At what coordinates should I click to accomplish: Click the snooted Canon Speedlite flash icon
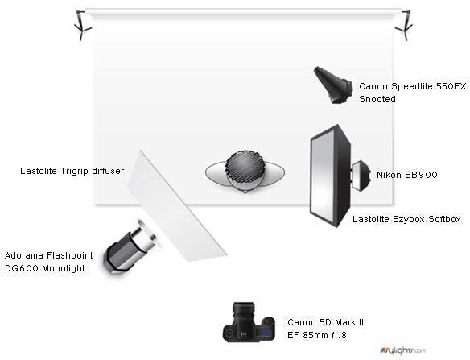333,85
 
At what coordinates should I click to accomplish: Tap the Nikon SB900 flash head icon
361,176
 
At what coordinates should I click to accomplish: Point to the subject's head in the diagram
245,169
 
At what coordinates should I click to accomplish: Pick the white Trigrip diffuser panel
177,207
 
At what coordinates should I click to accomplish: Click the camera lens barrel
243,312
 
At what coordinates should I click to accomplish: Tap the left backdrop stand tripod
82,25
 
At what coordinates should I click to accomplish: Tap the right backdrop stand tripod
405,25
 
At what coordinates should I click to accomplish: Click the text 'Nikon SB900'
406,175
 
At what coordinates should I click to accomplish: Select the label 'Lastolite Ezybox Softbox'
406,219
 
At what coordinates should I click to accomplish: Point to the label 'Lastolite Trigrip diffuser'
72,171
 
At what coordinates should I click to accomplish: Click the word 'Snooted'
377,99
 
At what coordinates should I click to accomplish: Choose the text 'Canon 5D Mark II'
325,322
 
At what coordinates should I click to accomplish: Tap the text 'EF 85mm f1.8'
317,335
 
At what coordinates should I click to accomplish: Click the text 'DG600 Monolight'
45,268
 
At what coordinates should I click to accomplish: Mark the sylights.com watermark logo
402,350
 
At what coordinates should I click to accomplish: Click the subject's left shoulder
274,172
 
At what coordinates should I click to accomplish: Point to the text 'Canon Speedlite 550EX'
413,86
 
